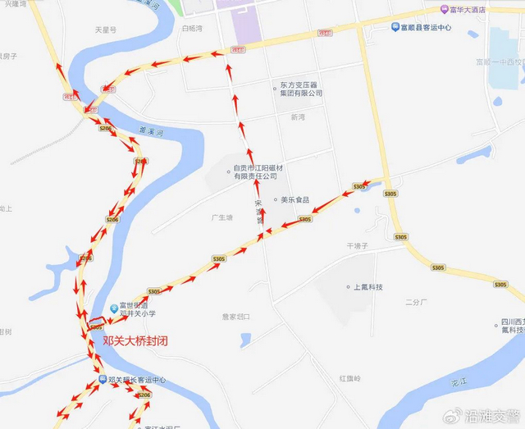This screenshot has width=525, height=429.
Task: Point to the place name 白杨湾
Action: click(191, 28)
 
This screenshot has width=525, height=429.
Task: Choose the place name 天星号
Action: click(106, 30)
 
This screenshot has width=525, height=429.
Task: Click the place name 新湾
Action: click(297, 117)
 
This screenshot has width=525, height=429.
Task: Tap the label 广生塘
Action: click(221, 217)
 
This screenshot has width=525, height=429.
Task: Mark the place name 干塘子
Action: click(360, 245)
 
